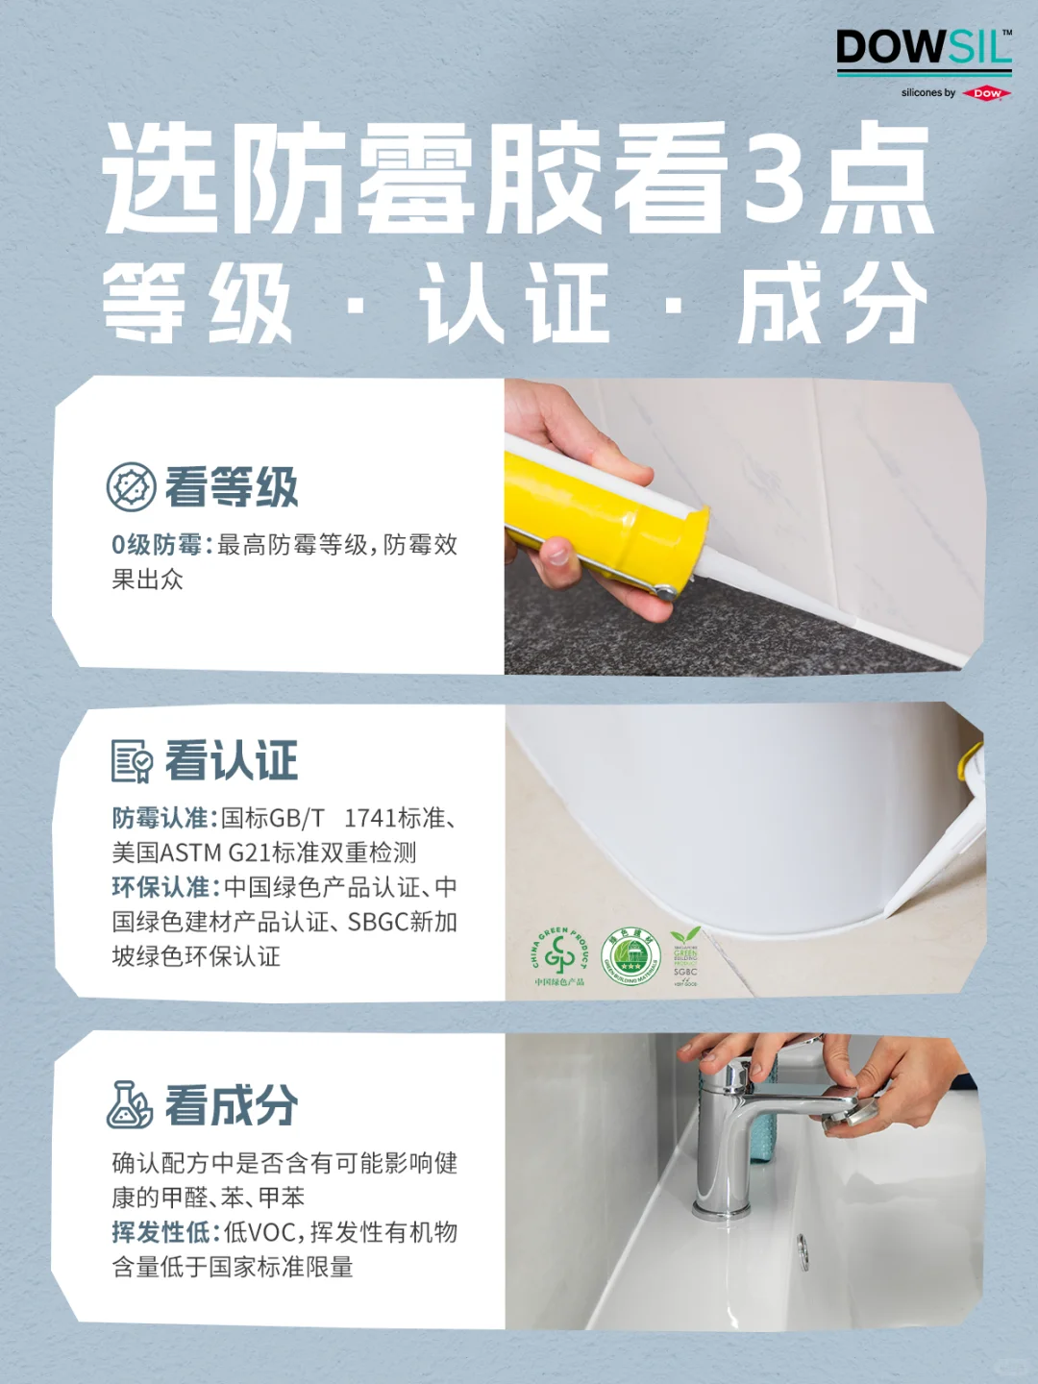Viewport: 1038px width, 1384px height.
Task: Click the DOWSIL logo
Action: (923, 48)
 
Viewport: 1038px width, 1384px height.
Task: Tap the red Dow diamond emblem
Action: (987, 93)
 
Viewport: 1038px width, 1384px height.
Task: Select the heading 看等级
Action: (232, 487)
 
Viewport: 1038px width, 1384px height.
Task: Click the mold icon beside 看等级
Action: (131, 486)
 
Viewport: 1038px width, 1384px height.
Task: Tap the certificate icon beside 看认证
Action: (131, 761)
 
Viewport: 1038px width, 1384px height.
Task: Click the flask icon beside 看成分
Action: (130, 1104)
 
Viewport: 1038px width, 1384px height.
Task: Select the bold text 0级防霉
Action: (156, 545)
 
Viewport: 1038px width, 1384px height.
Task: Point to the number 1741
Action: (369, 818)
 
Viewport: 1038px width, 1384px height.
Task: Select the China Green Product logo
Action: (558, 955)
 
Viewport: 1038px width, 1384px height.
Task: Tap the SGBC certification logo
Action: (685, 955)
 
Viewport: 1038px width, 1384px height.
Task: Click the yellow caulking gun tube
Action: (596, 519)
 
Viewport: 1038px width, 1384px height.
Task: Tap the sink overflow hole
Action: (802, 1250)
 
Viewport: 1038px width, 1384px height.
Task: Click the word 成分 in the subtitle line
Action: (832, 304)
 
